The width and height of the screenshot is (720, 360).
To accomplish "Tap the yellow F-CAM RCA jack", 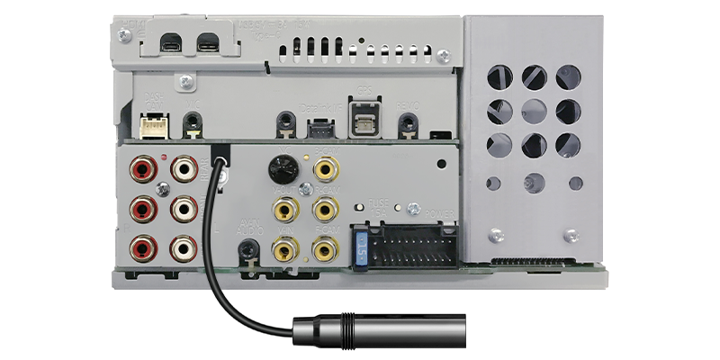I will [x=323, y=210].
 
